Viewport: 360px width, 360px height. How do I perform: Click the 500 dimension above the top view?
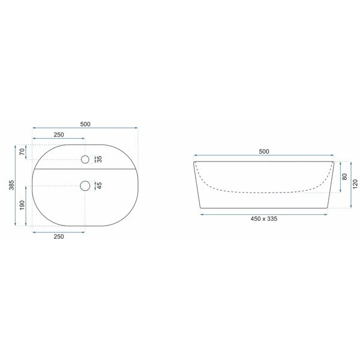85,124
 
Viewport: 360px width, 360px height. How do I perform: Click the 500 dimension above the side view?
264,152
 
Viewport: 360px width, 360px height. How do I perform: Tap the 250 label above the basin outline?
59,135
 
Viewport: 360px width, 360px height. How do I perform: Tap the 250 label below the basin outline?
59,236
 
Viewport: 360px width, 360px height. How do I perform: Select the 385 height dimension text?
11,185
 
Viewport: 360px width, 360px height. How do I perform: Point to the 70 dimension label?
22,152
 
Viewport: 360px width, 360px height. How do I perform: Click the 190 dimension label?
22,205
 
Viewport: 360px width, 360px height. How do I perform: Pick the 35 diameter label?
100,159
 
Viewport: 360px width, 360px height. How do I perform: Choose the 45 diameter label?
100,185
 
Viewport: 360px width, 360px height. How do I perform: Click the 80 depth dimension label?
344,176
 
